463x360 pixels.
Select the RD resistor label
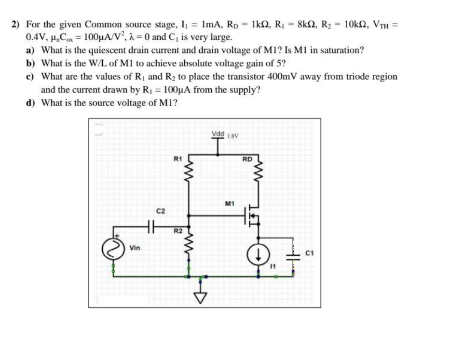[x=247, y=158]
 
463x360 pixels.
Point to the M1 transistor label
[x=230, y=204]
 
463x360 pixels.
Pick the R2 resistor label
[x=178, y=232]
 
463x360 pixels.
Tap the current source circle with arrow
[x=258, y=253]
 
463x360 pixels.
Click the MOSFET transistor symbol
[x=253, y=215]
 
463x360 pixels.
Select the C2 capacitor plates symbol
[x=151, y=225]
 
